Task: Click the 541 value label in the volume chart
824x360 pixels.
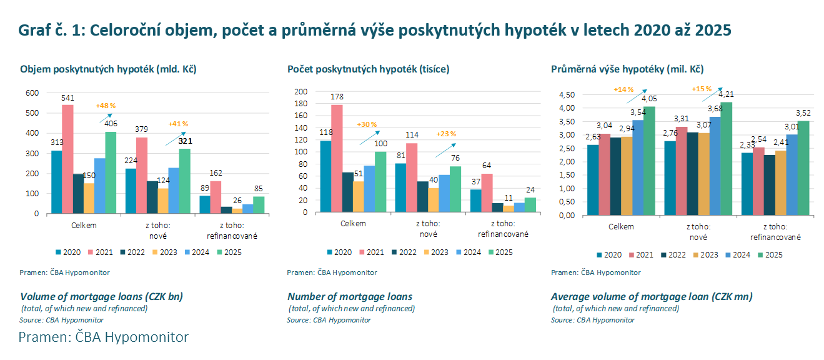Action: pos(67,98)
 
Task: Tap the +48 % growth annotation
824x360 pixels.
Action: pos(106,105)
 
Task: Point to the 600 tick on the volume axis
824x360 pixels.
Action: pos(32,92)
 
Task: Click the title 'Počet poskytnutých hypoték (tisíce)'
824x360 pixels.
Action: pos(368,69)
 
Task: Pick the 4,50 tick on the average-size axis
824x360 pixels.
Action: pos(565,95)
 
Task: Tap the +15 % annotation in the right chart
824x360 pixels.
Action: pos(702,89)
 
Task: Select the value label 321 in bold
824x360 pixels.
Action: pos(184,142)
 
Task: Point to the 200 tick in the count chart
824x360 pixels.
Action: pos(301,92)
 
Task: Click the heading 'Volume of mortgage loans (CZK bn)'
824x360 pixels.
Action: pos(102,296)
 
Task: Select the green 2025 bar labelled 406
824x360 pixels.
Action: pos(111,172)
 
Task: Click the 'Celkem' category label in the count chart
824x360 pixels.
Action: pos(353,223)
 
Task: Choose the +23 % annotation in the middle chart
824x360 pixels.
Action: pos(446,134)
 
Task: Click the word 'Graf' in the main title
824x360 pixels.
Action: pos(33,30)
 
